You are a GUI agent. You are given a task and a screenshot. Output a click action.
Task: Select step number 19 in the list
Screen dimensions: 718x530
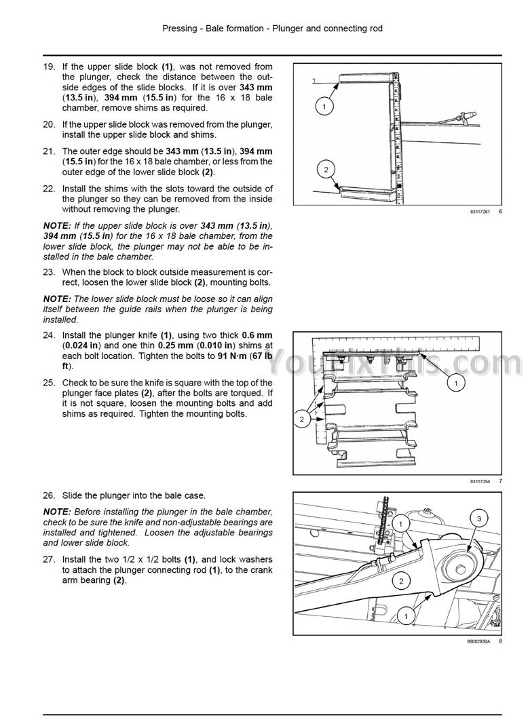49,67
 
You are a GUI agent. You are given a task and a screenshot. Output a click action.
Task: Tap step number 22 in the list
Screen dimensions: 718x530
49,189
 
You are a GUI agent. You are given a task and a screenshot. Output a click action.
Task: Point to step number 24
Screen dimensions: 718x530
49,336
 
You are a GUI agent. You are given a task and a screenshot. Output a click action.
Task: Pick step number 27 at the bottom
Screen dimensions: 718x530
49,560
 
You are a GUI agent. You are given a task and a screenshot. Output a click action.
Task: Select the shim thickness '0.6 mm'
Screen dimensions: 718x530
258,336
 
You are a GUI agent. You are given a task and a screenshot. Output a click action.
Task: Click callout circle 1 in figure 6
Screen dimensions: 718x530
324,107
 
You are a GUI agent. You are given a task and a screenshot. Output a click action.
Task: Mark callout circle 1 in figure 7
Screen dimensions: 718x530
456,384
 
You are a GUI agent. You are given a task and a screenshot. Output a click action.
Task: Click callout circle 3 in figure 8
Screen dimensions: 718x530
479,519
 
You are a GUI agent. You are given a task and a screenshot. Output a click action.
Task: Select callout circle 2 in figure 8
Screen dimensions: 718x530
401,580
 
